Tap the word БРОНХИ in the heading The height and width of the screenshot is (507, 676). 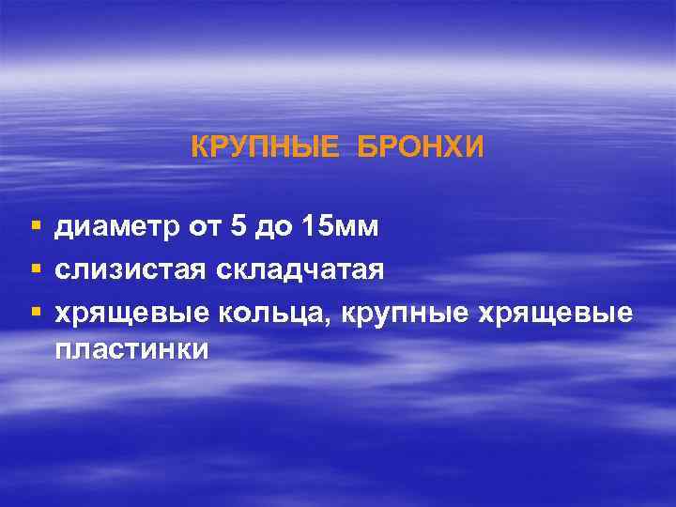(420, 146)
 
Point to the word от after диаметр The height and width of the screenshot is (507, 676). (185, 226)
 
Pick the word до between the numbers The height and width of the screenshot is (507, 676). (261, 226)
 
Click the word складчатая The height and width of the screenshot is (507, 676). (300, 270)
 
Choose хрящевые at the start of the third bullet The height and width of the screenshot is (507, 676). (132, 315)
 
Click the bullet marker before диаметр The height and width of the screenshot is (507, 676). (35, 227)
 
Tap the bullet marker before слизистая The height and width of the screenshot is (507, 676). (35, 270)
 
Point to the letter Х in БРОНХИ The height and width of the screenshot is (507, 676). (462, 146)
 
